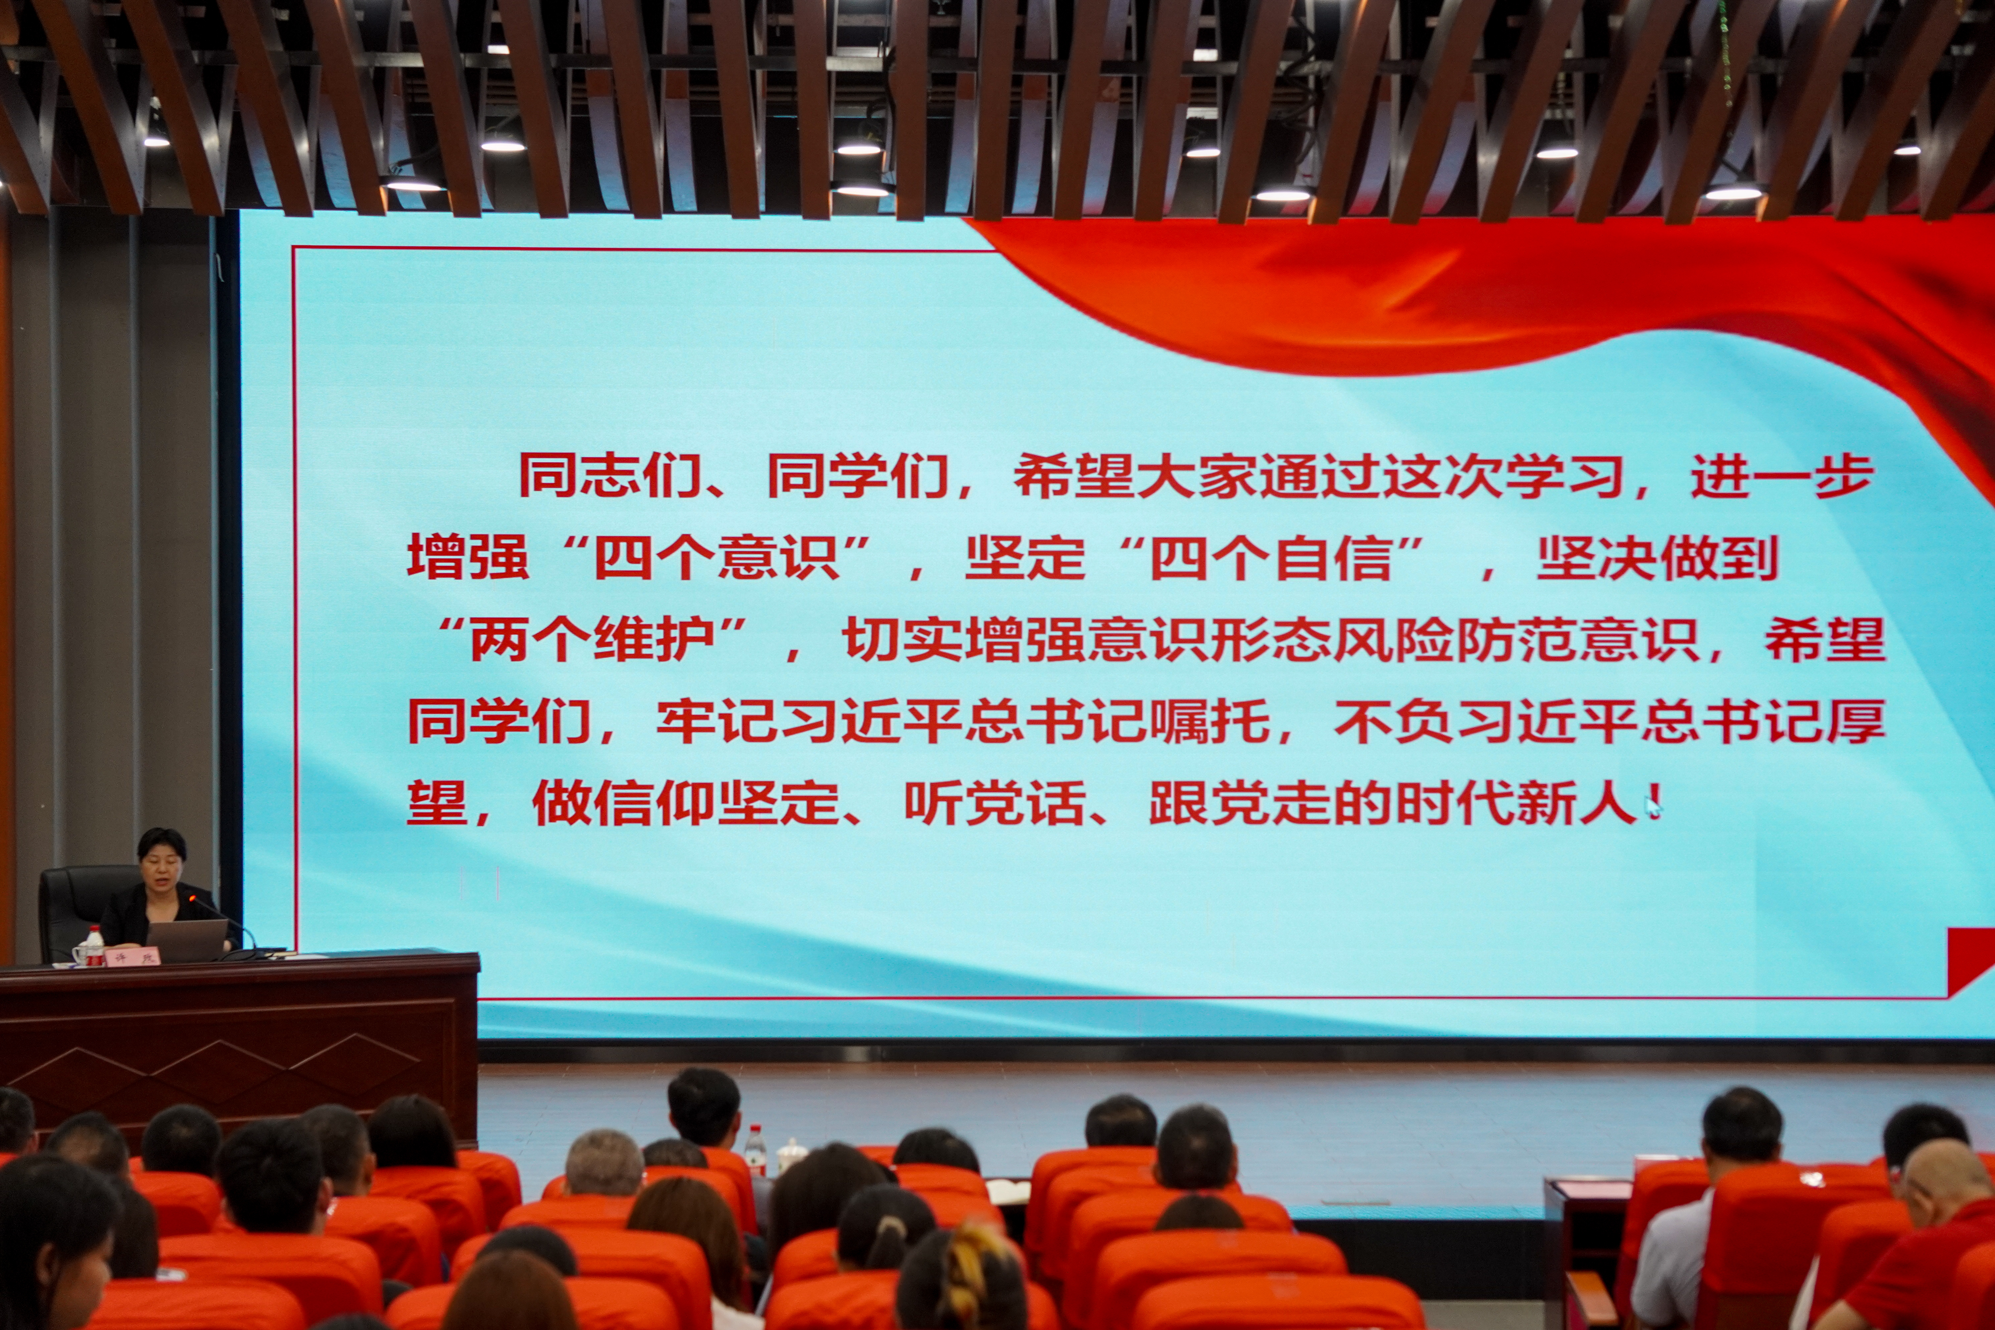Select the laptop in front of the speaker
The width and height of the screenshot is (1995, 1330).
coord(187,940)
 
